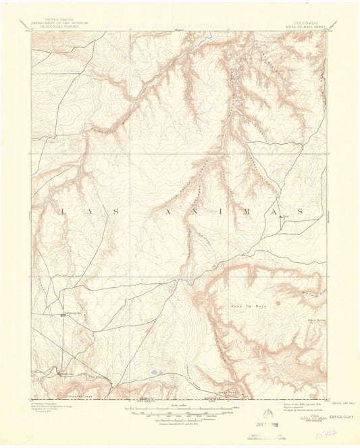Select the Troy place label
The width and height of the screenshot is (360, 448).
click(x=285, y=216)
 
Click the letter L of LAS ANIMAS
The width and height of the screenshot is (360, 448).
click(x=63, y=211)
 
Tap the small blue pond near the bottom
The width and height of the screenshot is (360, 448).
click(x=155, y=372)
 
